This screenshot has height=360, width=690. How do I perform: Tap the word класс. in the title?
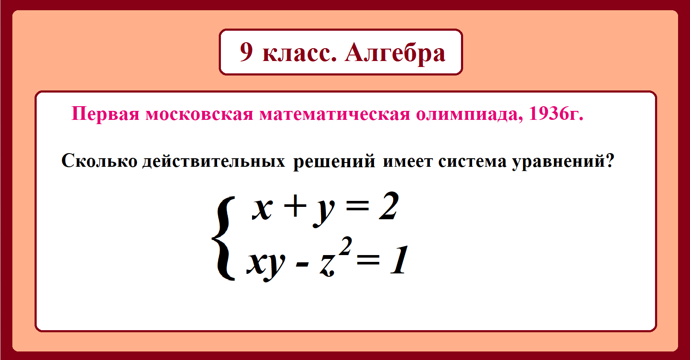tap(299, 52)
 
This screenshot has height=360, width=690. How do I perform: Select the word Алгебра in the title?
tap(395, 53)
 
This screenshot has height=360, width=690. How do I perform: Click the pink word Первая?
tap(105, 114)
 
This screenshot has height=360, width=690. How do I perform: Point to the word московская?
tap(200, 114)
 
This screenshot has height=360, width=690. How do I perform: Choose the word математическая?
tap(335, 114)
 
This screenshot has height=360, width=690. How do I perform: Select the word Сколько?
tap(99, 161)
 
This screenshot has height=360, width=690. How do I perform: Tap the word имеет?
tap(408, 161)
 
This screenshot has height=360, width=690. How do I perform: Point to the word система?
tap(473, 161)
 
